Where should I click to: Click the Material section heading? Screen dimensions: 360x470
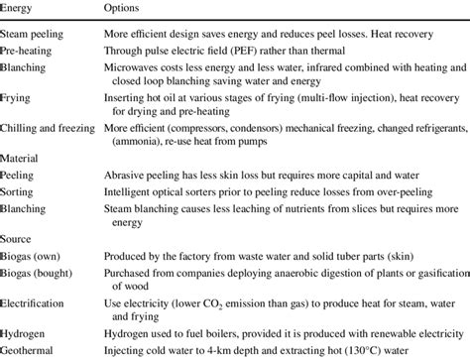pyautogui.click(x=22, y=158)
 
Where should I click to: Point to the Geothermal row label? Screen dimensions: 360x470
pyautogui.click(x=29, y=350)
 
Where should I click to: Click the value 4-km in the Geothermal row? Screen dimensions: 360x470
pyautogui.click(x=243, y=350)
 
